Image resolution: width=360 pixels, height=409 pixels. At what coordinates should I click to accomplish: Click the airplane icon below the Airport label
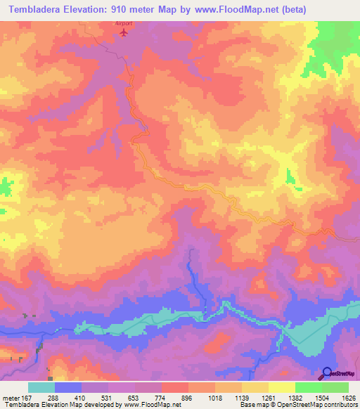[x=124, y=32]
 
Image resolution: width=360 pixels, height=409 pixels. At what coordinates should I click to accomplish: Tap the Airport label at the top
[x=124, y=23]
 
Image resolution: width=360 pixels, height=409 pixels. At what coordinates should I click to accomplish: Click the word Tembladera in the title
[x=32, y=9]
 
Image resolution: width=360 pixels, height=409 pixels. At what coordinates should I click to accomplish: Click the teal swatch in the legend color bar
[x=41, y=388]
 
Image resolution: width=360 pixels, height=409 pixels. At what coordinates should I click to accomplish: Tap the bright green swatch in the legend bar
[x=309, y=388]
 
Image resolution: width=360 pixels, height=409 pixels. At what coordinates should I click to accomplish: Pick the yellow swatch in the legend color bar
[x=282, y=388]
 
